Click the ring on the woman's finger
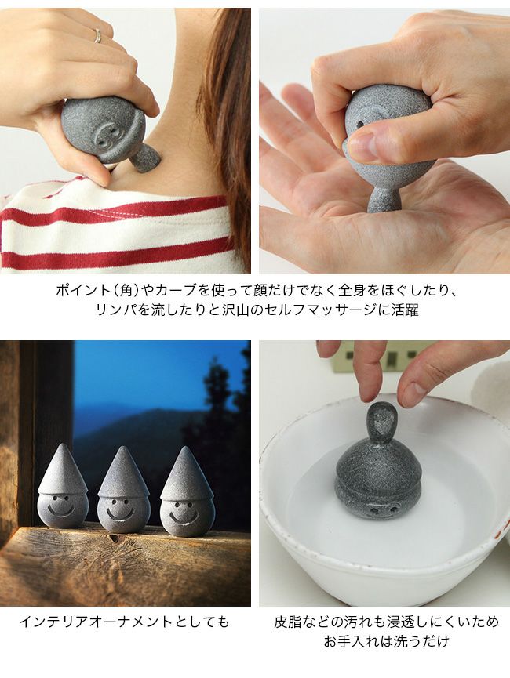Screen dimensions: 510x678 click(98, 35)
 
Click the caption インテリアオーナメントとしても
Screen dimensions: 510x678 click(124, 622)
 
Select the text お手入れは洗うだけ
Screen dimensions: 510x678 click(386, 641)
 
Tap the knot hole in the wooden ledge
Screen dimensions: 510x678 click(113, 538)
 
